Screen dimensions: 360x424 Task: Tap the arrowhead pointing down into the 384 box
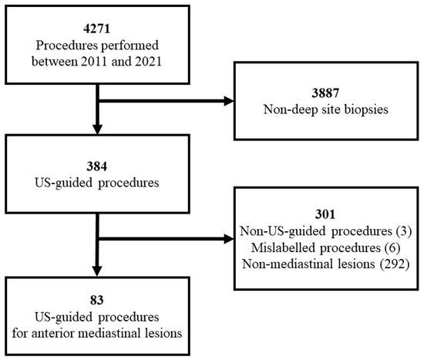[x=98, y=129]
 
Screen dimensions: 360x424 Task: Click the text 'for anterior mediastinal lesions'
[x=98, y=333]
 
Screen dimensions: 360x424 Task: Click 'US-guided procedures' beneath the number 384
[x=98, y=182]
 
